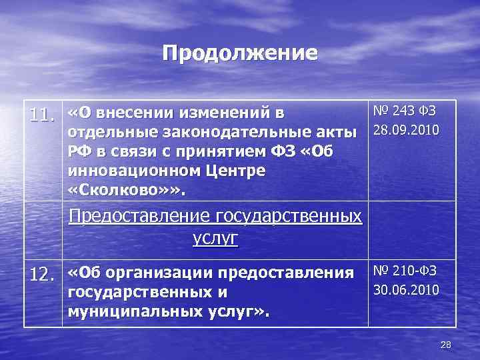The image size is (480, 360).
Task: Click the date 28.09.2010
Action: pos(405,129)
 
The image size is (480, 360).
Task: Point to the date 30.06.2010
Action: pos(405,289)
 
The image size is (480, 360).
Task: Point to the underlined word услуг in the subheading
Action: pos(215,239)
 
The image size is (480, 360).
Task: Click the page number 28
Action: pos(446,344)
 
